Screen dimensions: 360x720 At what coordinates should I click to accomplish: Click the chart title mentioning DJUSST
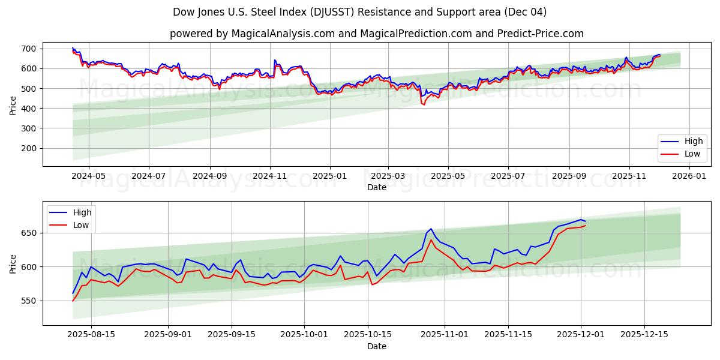coord(360,12)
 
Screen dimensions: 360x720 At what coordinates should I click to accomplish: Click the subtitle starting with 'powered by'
coord(376,34)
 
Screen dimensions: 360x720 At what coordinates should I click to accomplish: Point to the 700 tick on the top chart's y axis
coord(28,49)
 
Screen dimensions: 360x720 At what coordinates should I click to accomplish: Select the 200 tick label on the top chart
coord(28,148)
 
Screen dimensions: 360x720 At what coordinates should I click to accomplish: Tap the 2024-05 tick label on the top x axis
coord(89,176)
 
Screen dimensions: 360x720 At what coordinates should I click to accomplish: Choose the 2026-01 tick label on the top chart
coord(689,176)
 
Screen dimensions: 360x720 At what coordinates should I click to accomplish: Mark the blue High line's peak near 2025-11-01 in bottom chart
coord(431,229)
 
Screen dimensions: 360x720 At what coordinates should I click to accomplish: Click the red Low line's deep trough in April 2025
coord(424,105)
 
